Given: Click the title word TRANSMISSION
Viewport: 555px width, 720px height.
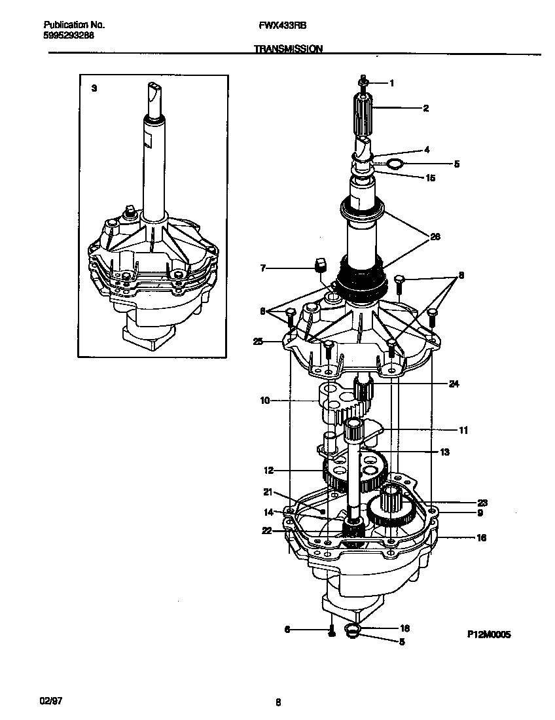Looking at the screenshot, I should point(288,48).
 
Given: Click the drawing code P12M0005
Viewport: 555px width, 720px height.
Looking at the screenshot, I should point(488,634).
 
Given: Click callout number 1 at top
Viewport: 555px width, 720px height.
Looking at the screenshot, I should point(391,83).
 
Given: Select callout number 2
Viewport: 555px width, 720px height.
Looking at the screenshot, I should point(425,109).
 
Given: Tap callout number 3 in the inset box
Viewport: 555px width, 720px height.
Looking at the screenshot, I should point(94,88).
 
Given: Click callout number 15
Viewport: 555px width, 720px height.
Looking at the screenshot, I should point(429,177).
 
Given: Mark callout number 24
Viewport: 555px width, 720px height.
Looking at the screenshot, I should point(453,384).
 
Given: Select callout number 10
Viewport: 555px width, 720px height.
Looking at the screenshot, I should point(265,400).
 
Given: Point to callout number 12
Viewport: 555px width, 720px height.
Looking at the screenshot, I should point(268,470).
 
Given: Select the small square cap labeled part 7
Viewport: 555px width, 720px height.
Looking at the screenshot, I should point(321,264).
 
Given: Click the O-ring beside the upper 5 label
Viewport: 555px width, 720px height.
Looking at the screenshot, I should point(395,163).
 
